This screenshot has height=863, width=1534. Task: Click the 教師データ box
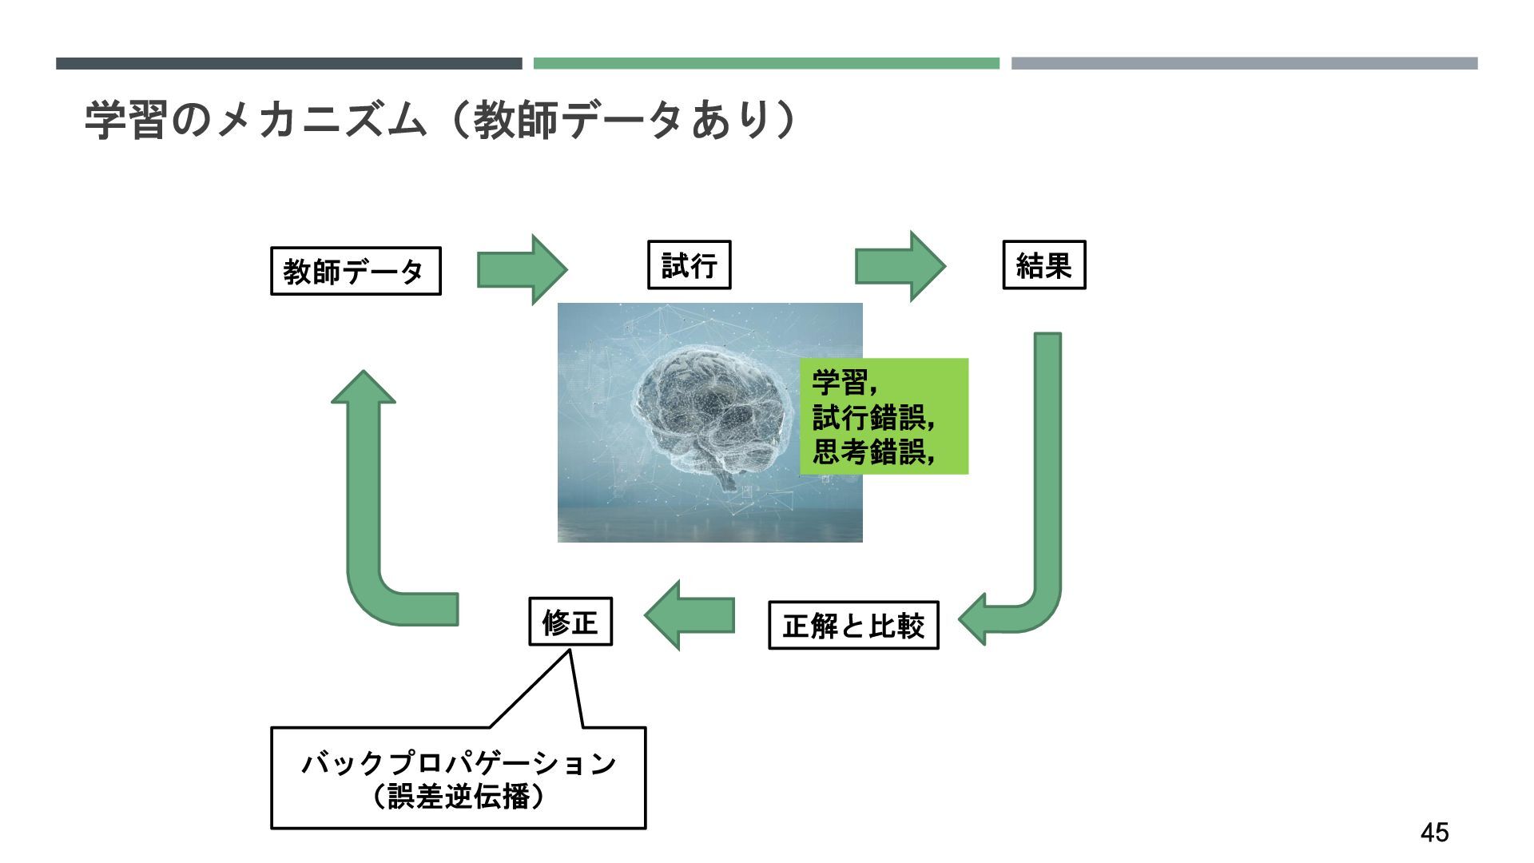[x=356, y=272]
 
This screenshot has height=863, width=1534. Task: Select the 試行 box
[x=689, y=265]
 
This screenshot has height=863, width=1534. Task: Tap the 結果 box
[x=1043, y=265]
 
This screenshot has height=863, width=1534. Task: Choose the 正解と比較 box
[x=853, y=626]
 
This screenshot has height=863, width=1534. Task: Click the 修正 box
[x=570, y=622]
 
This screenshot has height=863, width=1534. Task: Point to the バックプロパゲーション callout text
[x=459, y=763]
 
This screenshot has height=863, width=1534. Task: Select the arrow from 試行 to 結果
[x=900, y=267]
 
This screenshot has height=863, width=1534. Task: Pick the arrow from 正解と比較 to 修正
[x=689, y=615]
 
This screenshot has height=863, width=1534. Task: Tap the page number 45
[x=1434, y=833]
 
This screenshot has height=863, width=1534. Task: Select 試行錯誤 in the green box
[x=869, y=417]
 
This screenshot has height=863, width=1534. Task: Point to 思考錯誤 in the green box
[x=869, y=452]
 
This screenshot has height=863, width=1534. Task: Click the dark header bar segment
[x=288, y=63]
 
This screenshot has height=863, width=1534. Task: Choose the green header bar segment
[x=766, y=63]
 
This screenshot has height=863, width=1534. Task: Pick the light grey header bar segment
[x=1244, y=63]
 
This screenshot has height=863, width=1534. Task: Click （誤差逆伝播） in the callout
[x=459, y=797]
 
